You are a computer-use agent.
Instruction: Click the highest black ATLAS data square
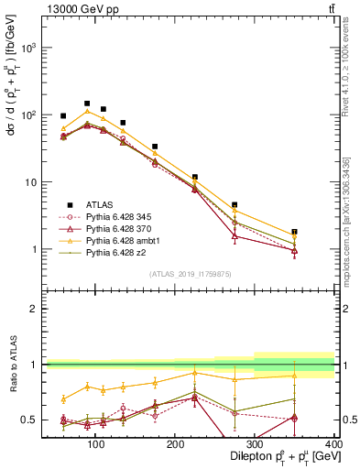87,104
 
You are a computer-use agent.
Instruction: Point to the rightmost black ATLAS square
320,232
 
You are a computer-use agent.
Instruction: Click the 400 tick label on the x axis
334,443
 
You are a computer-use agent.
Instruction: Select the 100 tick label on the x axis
93,443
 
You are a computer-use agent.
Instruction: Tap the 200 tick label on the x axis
174,443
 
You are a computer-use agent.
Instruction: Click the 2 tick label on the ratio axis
34,309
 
